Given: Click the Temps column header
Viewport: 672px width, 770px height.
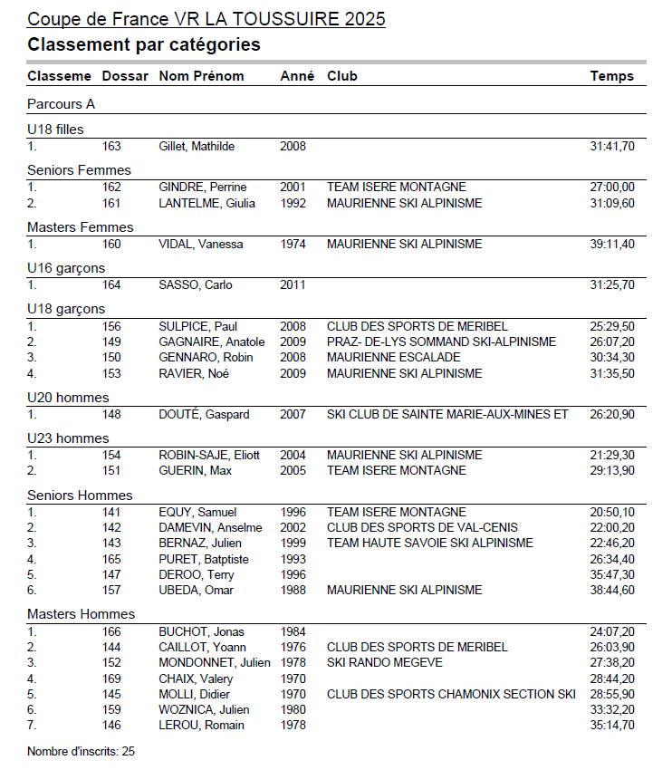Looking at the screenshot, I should [x=612, y=76].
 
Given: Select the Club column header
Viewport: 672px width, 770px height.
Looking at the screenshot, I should [x=342, y=76].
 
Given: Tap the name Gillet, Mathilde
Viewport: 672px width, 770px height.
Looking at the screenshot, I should [x=197, y=146].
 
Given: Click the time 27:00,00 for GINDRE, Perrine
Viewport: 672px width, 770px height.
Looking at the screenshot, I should [x=612, y=187].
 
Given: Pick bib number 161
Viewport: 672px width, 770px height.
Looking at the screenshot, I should [x=111, y=203].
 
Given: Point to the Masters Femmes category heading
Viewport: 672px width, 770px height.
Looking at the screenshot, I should [x=80, y=227].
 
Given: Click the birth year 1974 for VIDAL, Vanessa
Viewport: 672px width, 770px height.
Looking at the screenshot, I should [x=293, y=244].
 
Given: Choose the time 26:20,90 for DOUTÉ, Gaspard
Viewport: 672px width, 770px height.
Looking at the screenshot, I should [x=612, y=414].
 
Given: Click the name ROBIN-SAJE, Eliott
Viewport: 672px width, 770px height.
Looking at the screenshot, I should [x=209, y=455].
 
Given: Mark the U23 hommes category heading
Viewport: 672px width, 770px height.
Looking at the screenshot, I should [x=68, y=438].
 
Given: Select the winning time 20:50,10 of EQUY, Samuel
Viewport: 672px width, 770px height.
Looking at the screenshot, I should [x=612, y=512].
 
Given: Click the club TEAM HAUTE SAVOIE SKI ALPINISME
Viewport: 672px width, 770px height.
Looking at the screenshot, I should [x=429, y=543].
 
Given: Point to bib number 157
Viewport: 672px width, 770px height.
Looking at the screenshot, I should [x=111, y=590].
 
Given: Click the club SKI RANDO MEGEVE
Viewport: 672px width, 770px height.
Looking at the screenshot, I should [x=384, y=662].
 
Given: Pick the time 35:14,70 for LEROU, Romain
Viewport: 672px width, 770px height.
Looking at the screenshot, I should [x=612, y=725].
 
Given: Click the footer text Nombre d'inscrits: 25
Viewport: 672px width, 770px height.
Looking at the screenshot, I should [x=81, y=751].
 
